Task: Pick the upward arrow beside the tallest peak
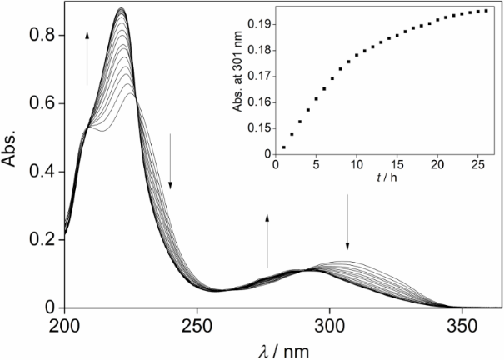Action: coord(87,58)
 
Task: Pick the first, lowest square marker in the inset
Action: coord(283,147)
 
